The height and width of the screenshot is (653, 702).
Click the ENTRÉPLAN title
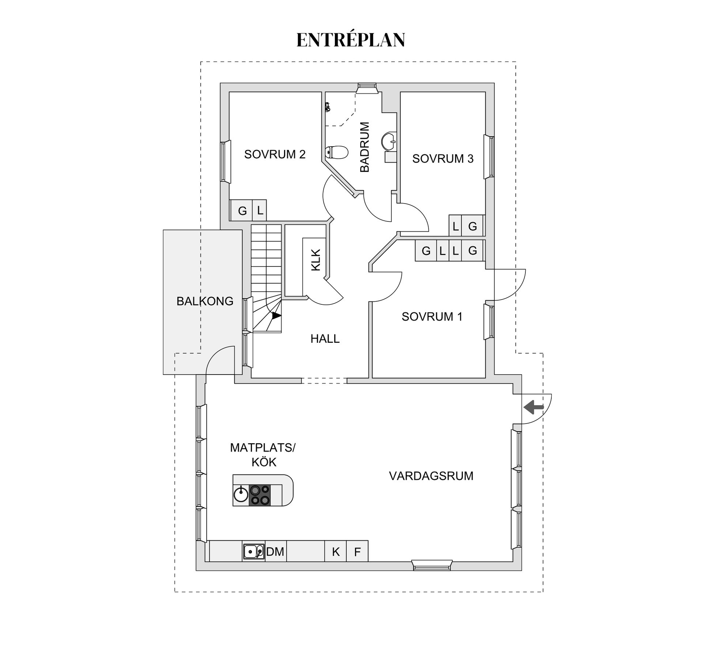[351, 39]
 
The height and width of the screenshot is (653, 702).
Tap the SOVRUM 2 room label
[275, 154]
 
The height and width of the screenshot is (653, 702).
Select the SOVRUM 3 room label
[443, 159]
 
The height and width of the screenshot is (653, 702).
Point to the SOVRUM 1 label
[432, 316]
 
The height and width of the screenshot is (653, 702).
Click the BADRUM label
[365, 147]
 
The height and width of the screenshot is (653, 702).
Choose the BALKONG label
[205, 301]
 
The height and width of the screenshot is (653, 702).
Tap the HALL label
[325, 339]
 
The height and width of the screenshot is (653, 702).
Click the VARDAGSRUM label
[431, 476]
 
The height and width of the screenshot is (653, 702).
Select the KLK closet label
[316, 260]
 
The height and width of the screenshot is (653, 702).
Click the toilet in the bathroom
[336, 152]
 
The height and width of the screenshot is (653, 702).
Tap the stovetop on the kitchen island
[260, 495]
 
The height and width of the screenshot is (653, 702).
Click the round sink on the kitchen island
[241, 494]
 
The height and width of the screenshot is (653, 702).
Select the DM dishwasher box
[275, 551]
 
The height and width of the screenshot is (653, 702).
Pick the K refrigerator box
[336, 551]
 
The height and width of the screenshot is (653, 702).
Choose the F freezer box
[357, 551]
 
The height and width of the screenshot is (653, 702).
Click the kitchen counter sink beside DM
[254, 551]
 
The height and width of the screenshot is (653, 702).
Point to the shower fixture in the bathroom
[328, 107]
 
